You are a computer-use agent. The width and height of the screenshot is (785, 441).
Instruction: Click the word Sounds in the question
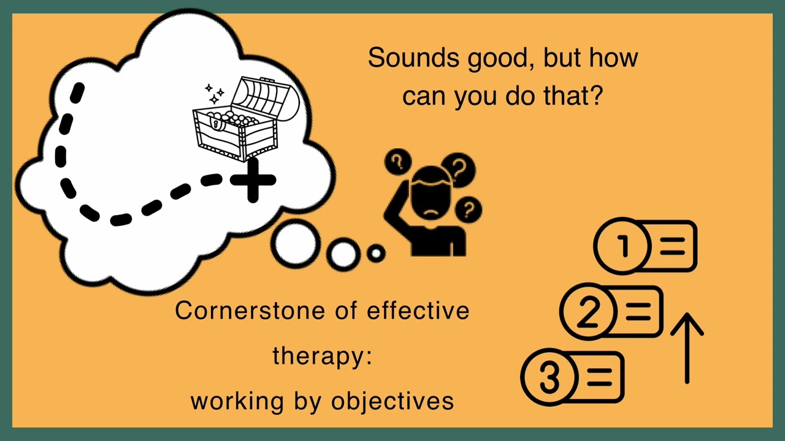click(413, 58)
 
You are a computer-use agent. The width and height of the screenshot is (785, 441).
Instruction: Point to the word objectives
click(392, 401)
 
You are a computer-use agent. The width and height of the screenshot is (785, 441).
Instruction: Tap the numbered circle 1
click(622, 246)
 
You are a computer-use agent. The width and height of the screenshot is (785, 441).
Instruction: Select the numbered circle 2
click(588, 311)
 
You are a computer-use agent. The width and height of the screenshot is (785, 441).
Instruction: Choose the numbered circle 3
click(549, 377)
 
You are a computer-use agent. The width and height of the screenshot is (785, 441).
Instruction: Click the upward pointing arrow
click(687, 349)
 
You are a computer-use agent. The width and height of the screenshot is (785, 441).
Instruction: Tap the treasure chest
click(246, 119)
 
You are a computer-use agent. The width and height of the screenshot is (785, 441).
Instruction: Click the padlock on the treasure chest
click(216, 123)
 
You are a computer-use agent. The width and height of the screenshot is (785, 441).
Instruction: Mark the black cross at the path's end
click(253, 180)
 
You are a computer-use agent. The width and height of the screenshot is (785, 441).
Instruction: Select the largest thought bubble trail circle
click(296, 244)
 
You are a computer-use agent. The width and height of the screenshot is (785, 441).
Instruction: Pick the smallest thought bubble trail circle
click(376, 253)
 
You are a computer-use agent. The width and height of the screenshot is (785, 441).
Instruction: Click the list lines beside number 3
click(599, 377)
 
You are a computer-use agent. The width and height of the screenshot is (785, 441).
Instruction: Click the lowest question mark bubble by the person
click(468, 209)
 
